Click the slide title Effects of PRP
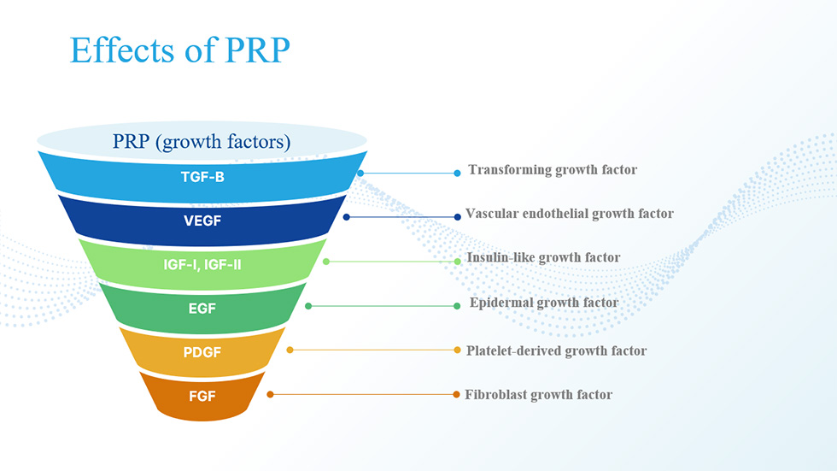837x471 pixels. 180,50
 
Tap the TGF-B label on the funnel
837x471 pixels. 202,177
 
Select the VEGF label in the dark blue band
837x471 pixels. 202,221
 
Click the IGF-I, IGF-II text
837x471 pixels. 202,264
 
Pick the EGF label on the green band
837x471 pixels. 202,308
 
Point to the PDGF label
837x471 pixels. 202,352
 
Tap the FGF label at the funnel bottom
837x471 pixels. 202,397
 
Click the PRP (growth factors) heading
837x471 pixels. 202,142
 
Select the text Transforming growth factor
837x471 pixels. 553,170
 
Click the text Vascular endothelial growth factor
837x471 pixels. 570,214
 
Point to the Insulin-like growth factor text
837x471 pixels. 543,257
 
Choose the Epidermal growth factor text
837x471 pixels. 544,303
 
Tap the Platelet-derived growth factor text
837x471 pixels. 556,350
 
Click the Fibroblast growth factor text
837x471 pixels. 539,395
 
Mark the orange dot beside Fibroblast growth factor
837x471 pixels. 456,395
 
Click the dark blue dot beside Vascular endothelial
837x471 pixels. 458,217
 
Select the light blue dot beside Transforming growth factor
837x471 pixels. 458,173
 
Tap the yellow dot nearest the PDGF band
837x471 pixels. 290,350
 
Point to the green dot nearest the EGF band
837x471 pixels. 308,306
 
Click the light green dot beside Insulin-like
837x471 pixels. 458,261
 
